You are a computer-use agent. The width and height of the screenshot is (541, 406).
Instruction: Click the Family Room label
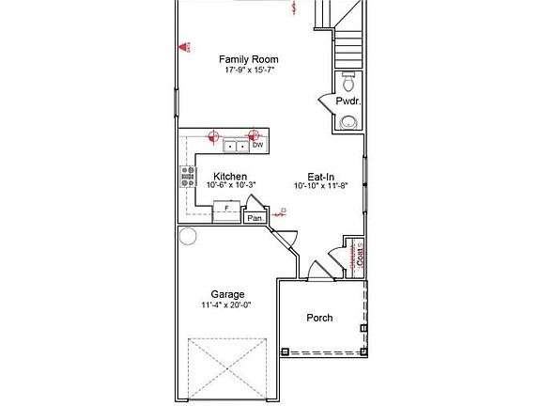248,58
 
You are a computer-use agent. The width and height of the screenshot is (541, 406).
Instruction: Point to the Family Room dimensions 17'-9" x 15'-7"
248,70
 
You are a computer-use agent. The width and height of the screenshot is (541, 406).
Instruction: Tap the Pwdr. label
348,101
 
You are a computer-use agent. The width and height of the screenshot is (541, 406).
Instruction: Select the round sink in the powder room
348,120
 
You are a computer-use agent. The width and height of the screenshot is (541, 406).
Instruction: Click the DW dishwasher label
257,145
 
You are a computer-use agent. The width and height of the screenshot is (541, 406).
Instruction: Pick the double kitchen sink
235,146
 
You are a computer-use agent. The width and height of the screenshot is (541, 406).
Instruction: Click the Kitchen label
230,176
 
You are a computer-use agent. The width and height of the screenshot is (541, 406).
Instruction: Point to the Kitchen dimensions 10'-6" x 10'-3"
230,186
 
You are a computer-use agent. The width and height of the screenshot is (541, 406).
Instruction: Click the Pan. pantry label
255,218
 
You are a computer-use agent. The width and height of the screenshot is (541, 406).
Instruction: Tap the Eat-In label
321,176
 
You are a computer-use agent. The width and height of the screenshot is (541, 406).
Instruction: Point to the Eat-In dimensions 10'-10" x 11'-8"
321,186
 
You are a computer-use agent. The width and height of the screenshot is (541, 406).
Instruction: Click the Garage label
227,294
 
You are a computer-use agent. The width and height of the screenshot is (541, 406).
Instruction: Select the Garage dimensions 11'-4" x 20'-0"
227,305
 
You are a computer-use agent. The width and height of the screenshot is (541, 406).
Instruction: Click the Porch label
319,318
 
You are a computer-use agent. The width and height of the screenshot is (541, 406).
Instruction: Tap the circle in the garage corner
187,236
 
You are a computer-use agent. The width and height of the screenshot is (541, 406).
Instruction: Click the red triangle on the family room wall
186,46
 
